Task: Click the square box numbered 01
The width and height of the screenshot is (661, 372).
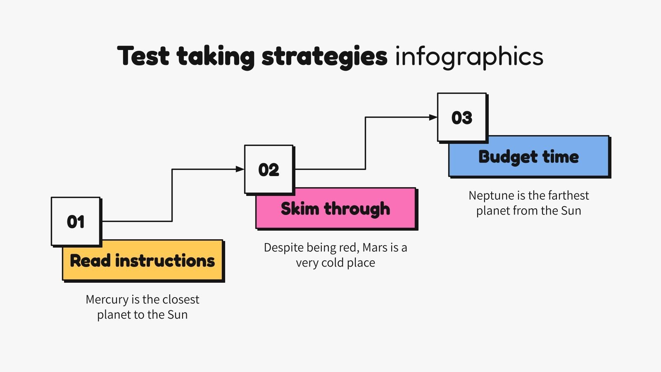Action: pos(76,222)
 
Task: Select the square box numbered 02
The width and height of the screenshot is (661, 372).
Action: pos(269,169)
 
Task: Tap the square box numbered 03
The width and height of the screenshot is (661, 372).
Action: pos(462,117)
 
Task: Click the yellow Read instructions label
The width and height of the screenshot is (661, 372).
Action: pos(143,261)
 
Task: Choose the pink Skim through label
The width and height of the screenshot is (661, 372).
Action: pos(335,209)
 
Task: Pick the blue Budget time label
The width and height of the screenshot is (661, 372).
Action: pos(529,157)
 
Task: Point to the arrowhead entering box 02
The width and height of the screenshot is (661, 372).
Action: pos(240,169)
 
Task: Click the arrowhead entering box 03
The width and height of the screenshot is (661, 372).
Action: pos(433,117)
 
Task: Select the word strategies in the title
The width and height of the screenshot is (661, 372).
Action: pos(325,57)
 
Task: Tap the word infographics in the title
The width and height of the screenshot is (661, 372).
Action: pos(469,57)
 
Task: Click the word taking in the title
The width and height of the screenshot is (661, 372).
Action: pos(216,57)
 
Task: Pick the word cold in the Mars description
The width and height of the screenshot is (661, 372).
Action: pos(333,263)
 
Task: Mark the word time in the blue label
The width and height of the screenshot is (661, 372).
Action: pos(561,157)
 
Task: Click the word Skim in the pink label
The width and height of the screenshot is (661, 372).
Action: pos(300,209)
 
